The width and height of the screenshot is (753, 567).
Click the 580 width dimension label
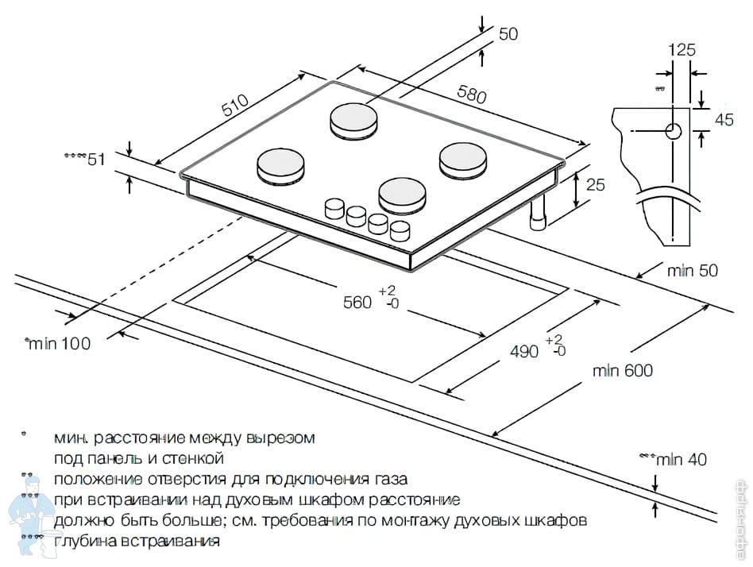(x=471, y=94)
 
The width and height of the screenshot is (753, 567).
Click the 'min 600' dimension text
(x=623, y=370)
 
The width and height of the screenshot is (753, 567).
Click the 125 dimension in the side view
(x=682, y=49)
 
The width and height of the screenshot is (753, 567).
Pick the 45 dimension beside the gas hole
(x=724, y=120)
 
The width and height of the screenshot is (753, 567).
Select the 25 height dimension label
(x=595, y=185)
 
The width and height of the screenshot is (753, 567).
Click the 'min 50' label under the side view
(x=692, y=271)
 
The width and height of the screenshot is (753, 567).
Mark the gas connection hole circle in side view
(x=673, y=131)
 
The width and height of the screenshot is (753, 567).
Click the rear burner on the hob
(x=354, y=120)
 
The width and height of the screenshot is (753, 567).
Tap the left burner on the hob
(x=280, y=164)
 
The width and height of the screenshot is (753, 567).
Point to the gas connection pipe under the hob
(x=540, y=214)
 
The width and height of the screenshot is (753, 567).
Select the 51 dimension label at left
(x=96, y=160)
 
